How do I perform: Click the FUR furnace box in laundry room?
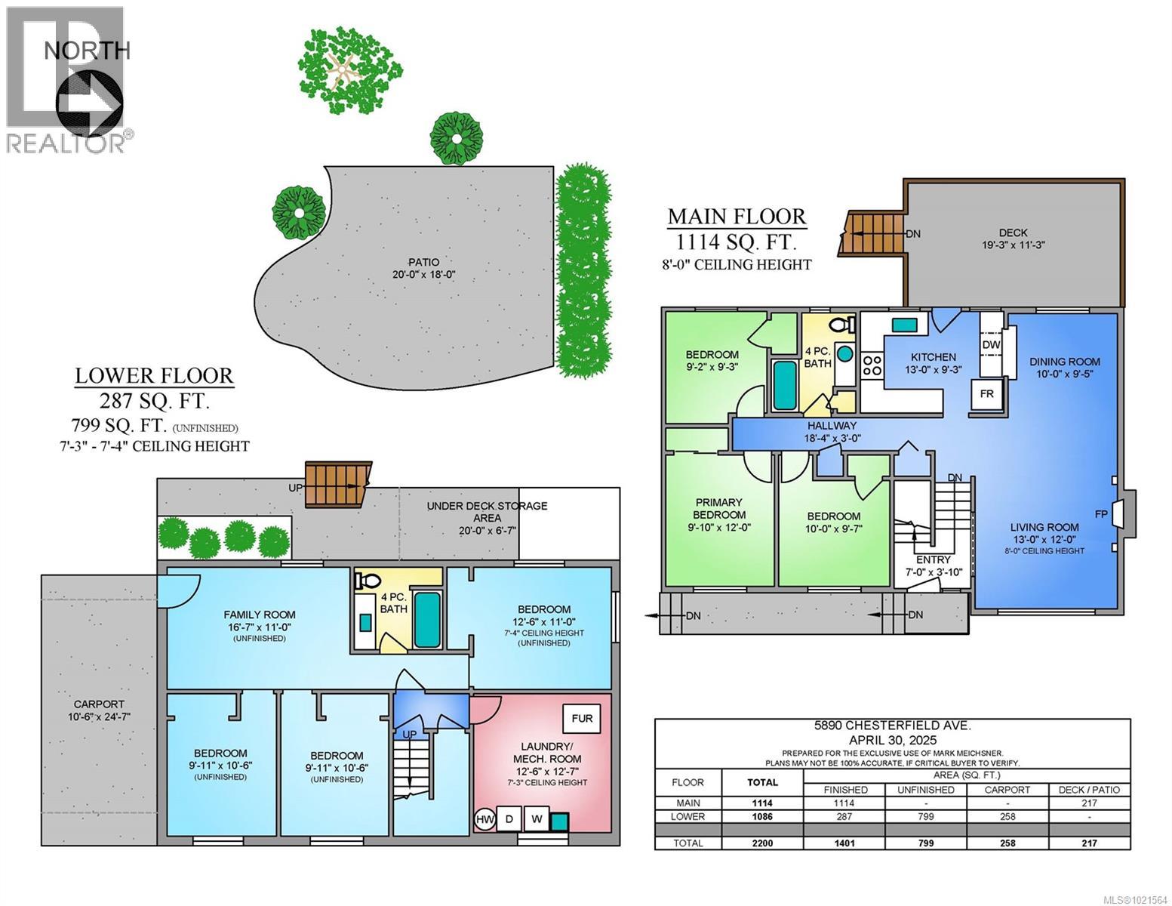pos(581,719)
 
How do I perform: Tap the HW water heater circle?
pos(484,819)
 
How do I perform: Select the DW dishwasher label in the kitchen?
pos(991,345)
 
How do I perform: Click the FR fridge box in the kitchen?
pos(986,393)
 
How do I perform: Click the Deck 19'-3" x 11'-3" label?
pos(1014,239)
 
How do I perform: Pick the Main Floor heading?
pos(737,217)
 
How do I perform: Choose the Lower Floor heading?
pos(154,375)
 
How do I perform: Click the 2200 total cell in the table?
pos(762,843)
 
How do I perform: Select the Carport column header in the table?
pos(1007,790)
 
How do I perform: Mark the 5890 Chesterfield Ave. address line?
pos(892,726)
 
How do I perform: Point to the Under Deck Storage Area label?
pos(487,512)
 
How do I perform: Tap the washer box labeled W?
pos(537,819)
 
